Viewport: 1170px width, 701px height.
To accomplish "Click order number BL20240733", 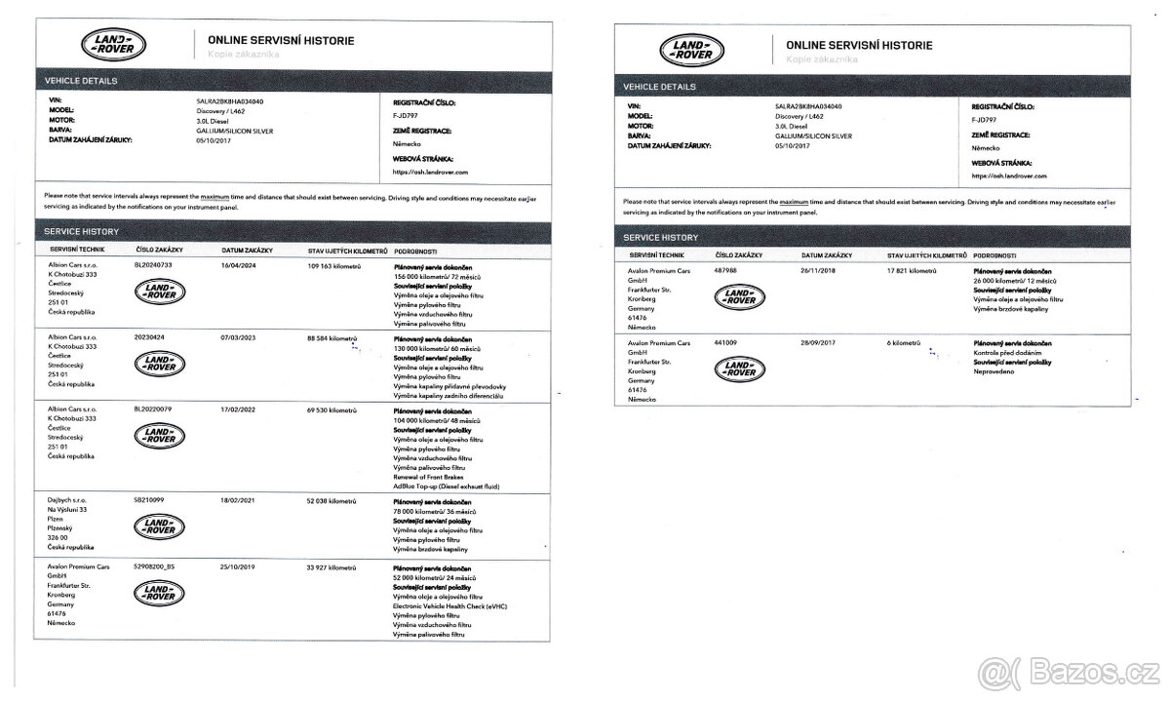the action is tap(154, 264).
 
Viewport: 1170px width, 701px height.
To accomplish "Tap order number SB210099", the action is tap(150, 501).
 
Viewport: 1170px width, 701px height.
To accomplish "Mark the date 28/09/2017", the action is tap(820, 344).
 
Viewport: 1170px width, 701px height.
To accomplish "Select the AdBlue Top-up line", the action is tap(445, 486).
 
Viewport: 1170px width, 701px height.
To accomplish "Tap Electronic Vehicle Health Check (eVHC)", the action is tap(449, 606).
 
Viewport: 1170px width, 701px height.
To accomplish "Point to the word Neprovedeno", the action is tap(994, 371).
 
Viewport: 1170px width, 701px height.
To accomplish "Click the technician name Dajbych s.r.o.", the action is tap(68, 501).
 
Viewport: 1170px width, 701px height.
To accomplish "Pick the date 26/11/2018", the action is tap(820, 271).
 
